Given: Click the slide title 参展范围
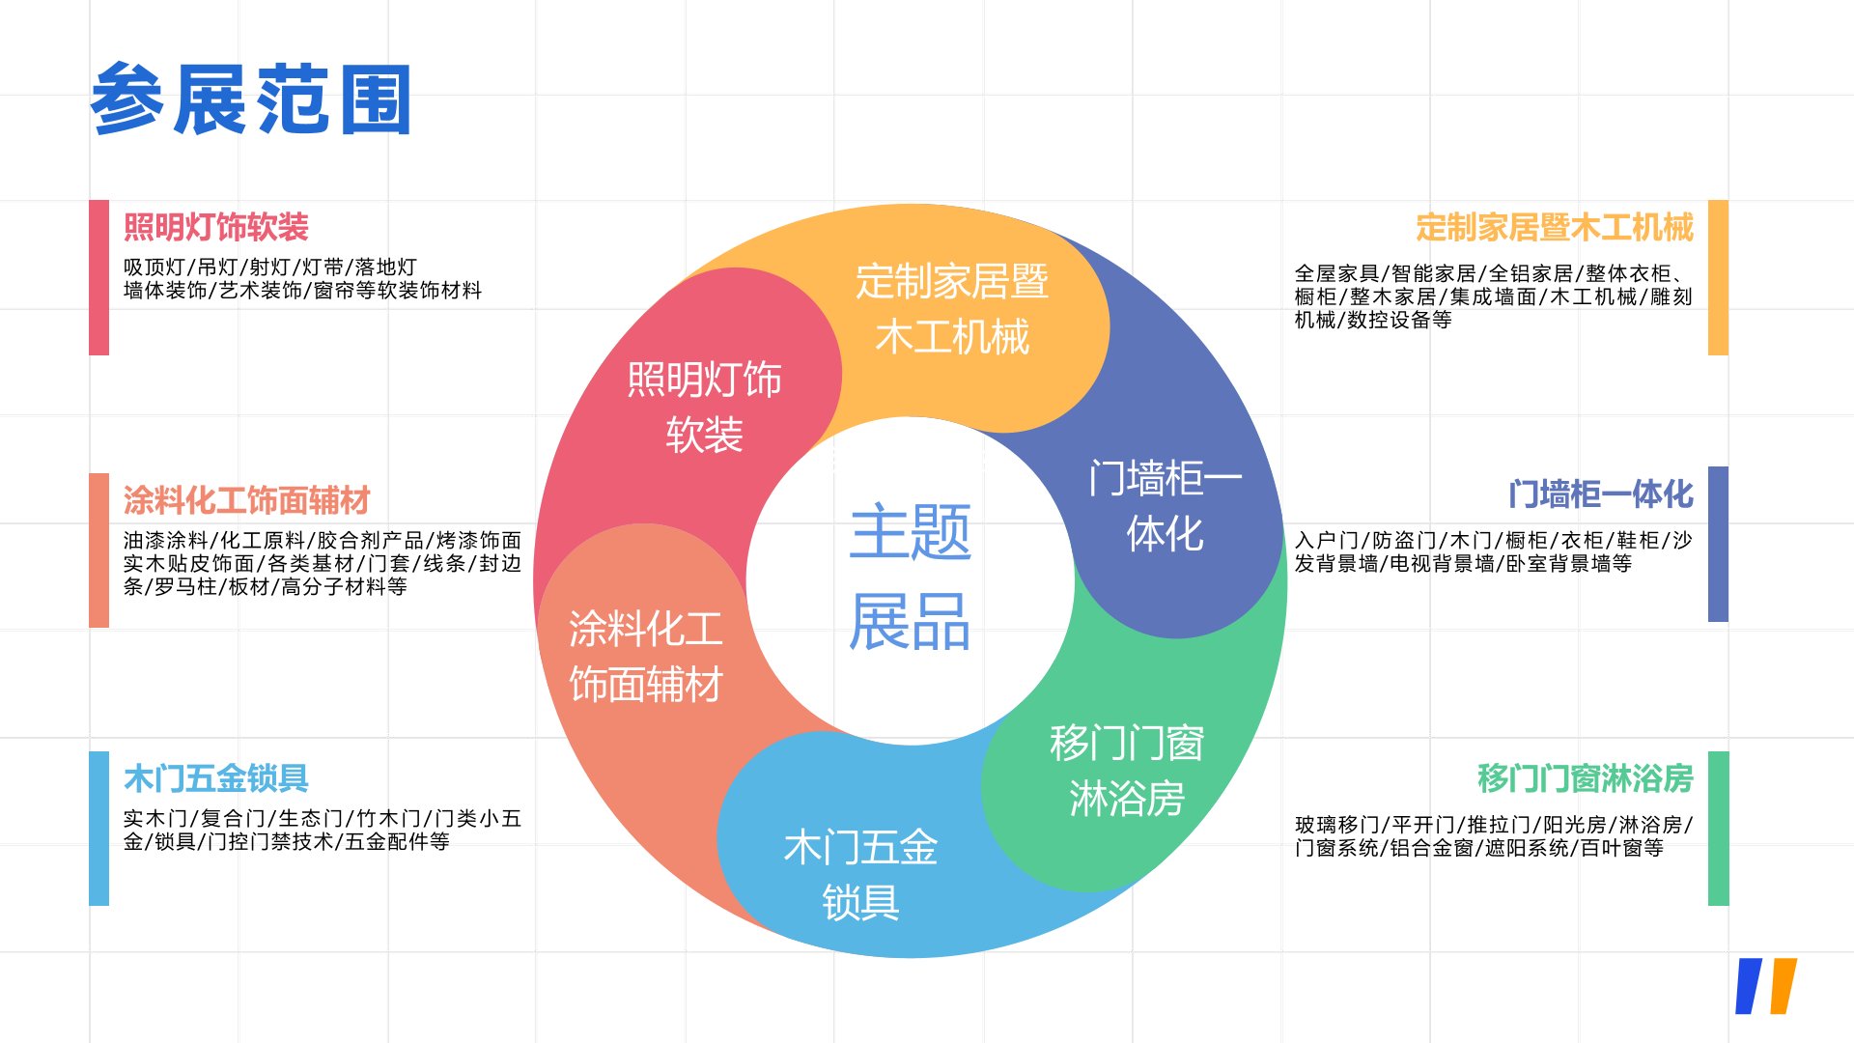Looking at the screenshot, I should pos(251,99).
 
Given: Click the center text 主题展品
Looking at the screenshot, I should pos(910,577).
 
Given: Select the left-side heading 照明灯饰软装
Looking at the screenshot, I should pos(215,228).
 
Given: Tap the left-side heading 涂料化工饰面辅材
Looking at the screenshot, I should pos(246,500).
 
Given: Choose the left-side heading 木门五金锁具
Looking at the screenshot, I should pos(215,777).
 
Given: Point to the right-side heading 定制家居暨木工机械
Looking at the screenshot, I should pos(1554,228).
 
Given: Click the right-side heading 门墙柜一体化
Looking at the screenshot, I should pos(1600,494).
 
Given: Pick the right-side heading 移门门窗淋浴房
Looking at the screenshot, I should pos(1585,777).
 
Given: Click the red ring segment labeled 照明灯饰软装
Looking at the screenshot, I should pos(704,407).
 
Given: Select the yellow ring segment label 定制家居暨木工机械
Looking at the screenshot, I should pos(952,309).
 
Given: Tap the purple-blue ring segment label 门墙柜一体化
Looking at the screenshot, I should pos(1165,505).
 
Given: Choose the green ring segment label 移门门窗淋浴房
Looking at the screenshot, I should pos(1127,771).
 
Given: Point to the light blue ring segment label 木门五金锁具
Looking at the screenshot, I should pos(860,874).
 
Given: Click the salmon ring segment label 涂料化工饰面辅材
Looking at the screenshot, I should pos(645,656).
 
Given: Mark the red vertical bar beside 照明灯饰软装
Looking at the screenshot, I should pos(98,277).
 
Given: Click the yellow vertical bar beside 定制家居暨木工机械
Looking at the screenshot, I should pos(1718,277).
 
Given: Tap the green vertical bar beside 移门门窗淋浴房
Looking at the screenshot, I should pos(1718,828).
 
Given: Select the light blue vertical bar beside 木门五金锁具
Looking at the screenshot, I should pos(98,828).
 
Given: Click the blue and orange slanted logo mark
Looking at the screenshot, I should pos(1766,986).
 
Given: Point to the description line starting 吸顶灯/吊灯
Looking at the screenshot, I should pos(270,267).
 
